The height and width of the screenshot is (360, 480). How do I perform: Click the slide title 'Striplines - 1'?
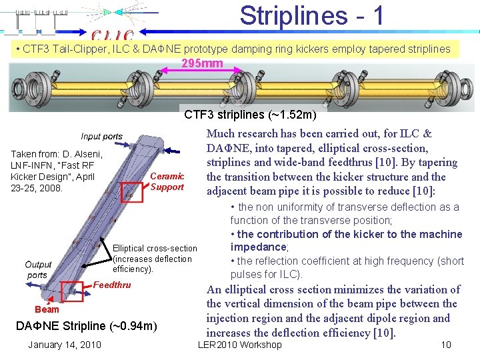coord(312,16)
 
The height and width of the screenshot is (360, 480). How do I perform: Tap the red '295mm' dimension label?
coord(202,64)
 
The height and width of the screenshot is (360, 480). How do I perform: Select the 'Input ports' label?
coord(102,137)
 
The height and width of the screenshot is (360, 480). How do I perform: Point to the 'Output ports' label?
coord(37,270)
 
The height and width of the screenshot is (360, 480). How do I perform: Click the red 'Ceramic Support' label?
coord(167,181)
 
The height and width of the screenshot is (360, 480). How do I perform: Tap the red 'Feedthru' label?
coord(113,285)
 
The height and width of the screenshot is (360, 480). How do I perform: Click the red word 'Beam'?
coord(47,309)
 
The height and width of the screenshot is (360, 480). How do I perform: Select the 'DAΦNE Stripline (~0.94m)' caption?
coord(86,325)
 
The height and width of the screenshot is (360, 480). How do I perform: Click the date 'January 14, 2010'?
coord(64,344)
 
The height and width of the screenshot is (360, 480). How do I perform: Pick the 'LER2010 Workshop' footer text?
coord(240,345)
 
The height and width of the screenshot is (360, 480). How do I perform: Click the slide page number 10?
coord(446,345)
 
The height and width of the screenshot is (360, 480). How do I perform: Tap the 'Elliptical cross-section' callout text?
coord(155,248)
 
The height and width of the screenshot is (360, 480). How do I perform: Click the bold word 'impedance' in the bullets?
coord(259,247)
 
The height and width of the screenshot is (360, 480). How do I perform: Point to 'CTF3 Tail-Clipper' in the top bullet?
coord(63,49)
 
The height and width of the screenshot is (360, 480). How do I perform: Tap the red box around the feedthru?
coord(73,291)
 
